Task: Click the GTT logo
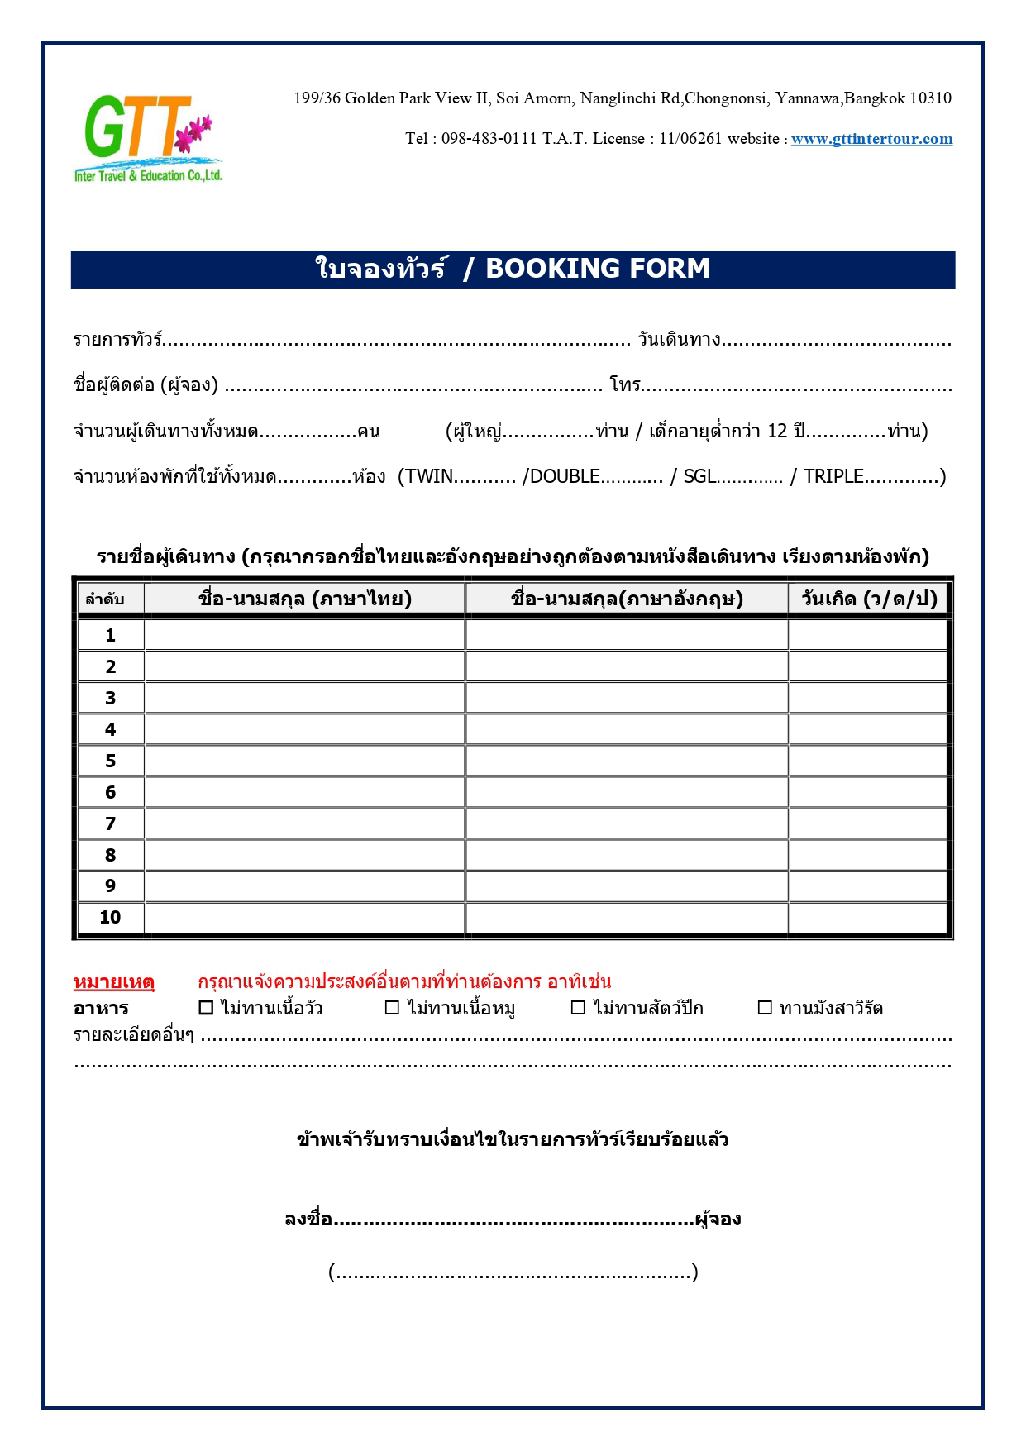click(x=147, y=137)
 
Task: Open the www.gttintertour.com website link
click(x=871, y=139)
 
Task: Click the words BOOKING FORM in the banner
click(x=597, y=269)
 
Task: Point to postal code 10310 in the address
click(x=930, y=98)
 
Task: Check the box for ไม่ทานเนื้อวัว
click(x=207, y=1008)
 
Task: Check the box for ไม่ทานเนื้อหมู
click(x=393, y=1008)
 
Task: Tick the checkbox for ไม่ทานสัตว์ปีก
click(x=579, y=1008)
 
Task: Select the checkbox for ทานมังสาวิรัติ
click(x=765, y=1008)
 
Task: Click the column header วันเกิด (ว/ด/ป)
click(x=868, y=599)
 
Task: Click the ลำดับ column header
click(x=105, y=599)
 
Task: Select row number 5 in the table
click(x=111, y=761)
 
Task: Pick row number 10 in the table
click(x=110, y=917)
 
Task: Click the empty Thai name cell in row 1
click(x=304, y=635)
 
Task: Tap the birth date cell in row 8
click(x=868, y=855)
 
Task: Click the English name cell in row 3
click(x=627, y=698)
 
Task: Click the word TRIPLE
click(x=833, y=476)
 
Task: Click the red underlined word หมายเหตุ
click(x=114, y=982)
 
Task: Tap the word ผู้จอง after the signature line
click(x=718, y=1220)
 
